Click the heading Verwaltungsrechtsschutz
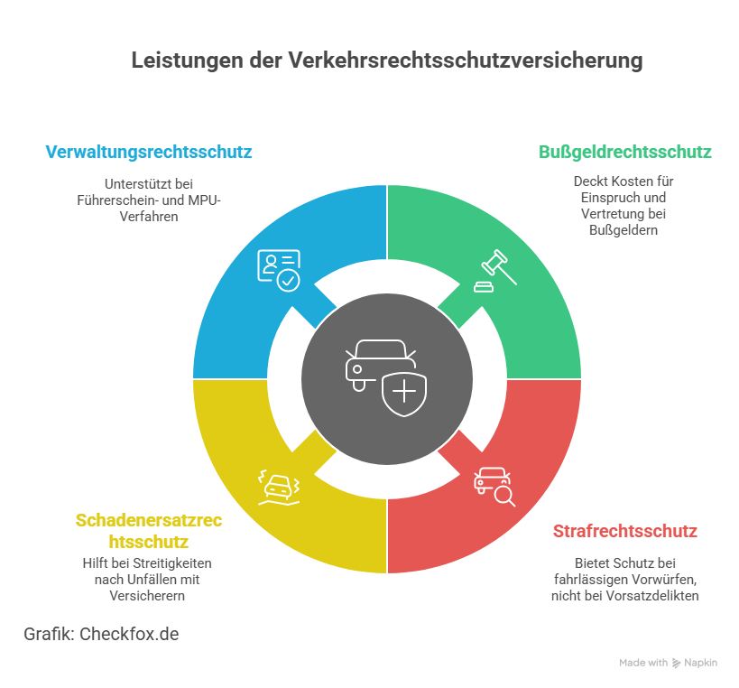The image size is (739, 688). (149, 152)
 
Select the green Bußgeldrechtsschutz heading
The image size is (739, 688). (625, 152)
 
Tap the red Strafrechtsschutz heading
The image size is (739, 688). (624, 531)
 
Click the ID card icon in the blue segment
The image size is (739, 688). (279, 270)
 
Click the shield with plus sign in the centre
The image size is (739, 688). (404, 393)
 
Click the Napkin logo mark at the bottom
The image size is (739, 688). (677, 663)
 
